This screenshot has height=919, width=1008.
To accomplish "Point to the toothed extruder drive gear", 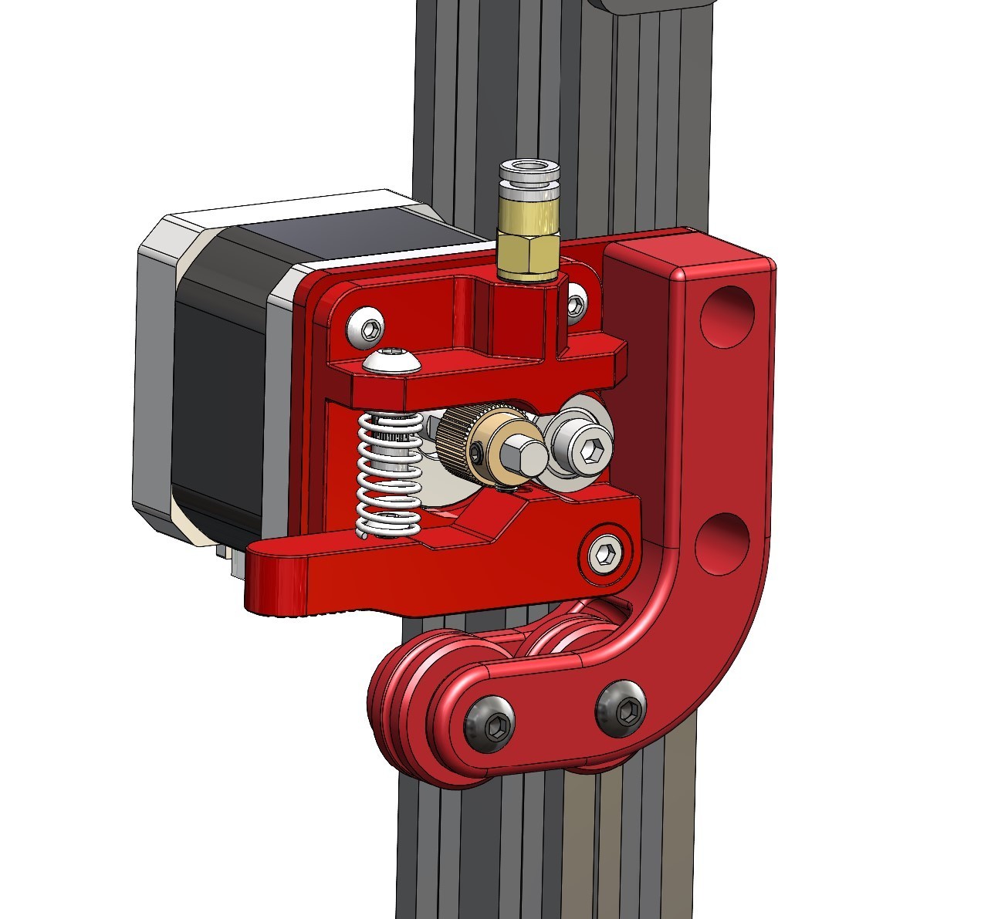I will [460, 441].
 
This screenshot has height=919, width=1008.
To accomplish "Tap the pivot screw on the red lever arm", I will [604, 553].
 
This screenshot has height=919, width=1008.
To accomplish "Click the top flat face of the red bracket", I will [687, 250].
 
